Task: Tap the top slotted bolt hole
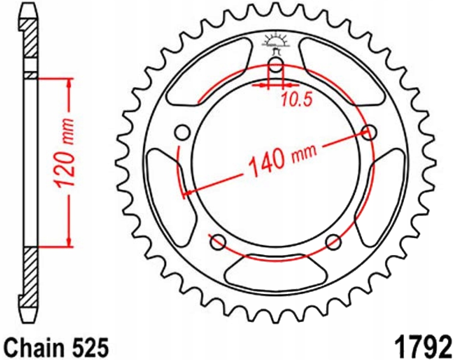(x=276, y=65)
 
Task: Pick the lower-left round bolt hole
(x=218, y=242)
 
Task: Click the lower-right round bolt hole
(x=334, y=242)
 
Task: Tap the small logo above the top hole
(x=275, y=41)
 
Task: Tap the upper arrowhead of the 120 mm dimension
(x=70, y=83)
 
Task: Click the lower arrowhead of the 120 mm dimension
(x=70, y=241)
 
